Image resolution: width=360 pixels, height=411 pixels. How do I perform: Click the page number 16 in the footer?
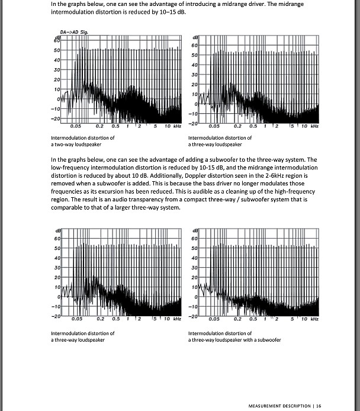pos(319,406)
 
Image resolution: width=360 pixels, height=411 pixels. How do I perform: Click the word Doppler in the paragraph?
pos(169,175)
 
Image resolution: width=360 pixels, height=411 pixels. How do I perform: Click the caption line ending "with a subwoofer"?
pos(234,340)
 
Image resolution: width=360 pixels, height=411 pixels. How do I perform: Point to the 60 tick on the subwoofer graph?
pos(194,239)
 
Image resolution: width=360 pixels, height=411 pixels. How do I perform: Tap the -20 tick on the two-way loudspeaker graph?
pos(56,119)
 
